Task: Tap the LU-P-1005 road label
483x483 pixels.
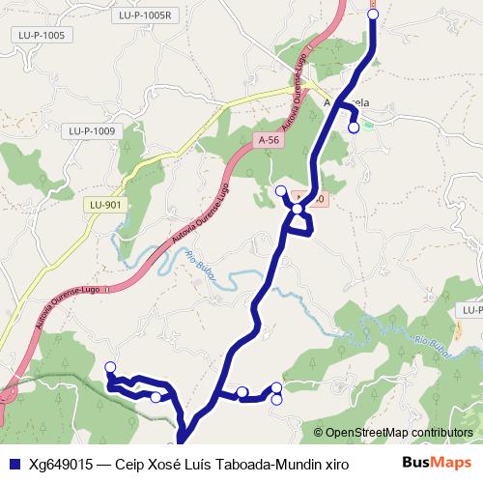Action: pos(42,35)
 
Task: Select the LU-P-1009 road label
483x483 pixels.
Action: pos(93,130)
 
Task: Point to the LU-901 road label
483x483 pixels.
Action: pos(104,205)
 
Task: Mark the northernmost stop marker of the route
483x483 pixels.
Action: pos(374,14)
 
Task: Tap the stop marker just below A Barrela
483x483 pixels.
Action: pos(354,127)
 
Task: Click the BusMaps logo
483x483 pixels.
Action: pos(438,462)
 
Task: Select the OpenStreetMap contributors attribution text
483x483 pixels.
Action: pos(399,433)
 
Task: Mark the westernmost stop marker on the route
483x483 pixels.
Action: pos(110,367)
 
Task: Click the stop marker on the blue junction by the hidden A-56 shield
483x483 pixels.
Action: pos(299,208)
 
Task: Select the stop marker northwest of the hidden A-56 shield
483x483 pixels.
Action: pos(281,190)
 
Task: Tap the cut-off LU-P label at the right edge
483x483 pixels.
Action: pos(471,310)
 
